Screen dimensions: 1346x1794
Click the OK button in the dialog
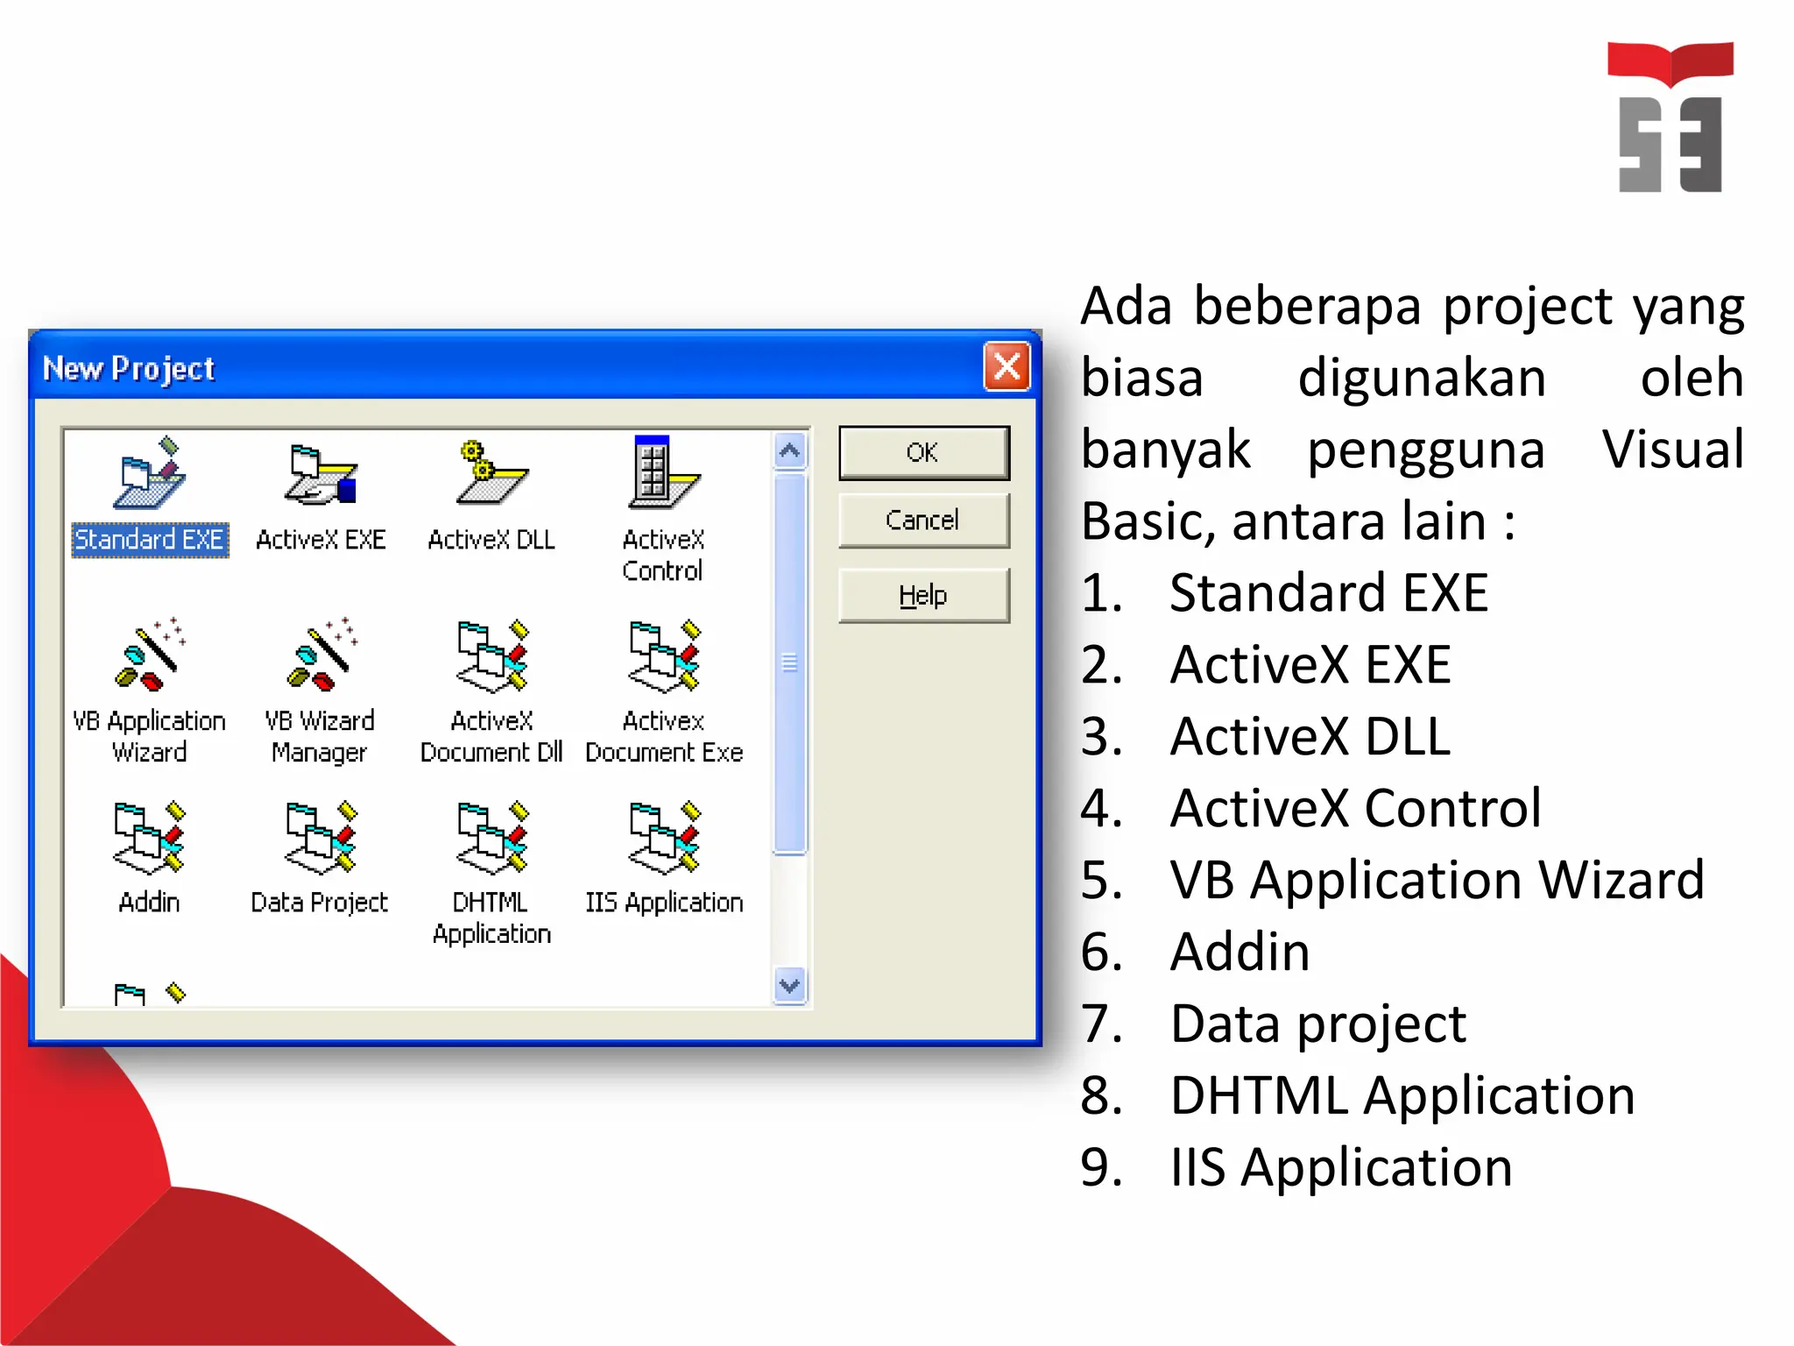[923, 453]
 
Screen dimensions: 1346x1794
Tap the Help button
[923, 596]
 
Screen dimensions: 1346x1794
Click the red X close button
[1006, 366]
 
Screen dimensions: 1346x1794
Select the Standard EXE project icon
[150, 474]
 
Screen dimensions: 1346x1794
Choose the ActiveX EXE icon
[321, 474]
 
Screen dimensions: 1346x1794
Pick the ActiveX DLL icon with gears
[491, 474]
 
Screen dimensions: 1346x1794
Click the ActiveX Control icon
[663, 474]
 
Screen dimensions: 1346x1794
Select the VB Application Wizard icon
[150, 655]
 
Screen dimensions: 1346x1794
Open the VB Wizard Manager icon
[321, 655]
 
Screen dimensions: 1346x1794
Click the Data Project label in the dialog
[319, 903]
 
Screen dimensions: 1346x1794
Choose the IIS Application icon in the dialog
[664, 838]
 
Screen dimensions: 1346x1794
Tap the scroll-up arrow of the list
[790, 451]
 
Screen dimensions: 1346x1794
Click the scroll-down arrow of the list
[790, 986]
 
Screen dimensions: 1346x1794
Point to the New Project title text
[129, 369]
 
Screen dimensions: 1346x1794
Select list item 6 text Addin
[1240, 952]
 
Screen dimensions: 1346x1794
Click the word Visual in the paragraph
[1672, 450]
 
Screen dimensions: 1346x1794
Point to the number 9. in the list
[1102, 1167]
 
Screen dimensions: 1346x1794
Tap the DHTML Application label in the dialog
[491, 918]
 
